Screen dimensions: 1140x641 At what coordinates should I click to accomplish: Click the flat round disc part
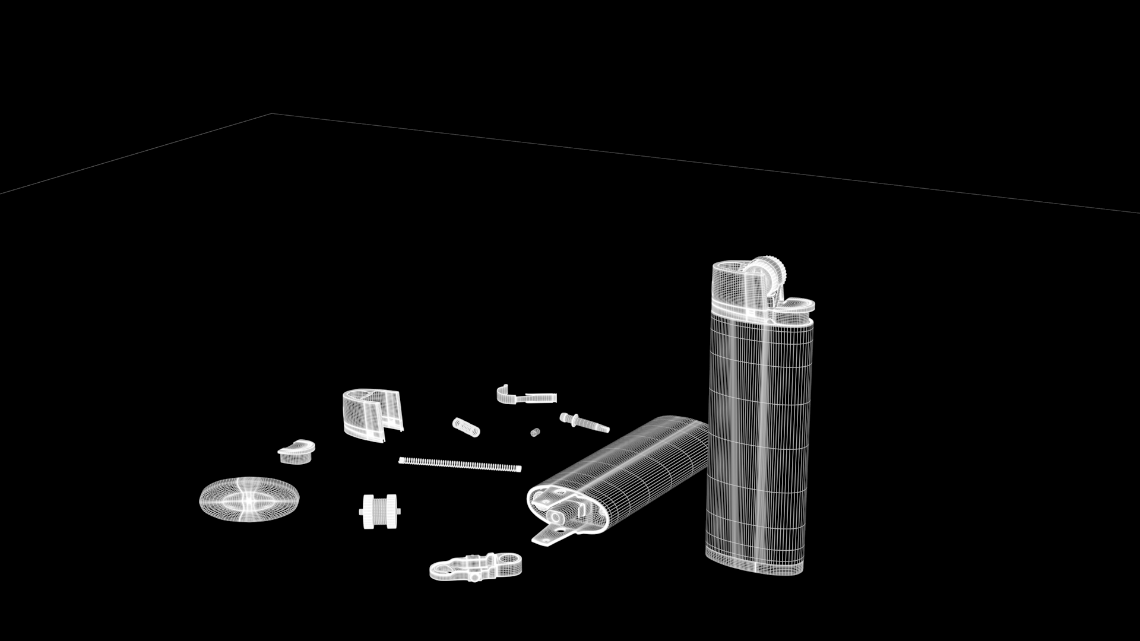[x=249, y=499]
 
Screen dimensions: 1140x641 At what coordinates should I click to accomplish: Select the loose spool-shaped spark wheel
[x=380, y=511]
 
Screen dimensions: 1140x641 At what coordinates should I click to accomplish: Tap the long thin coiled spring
[x=460, y=464]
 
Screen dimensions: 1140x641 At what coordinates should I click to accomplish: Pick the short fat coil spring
[x=466, y=427]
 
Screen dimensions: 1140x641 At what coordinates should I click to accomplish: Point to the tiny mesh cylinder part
[x=535, y=432]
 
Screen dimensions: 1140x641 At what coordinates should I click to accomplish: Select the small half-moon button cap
[x=296, y=451]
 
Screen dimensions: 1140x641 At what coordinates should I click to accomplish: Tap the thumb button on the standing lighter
[x=796, y=306]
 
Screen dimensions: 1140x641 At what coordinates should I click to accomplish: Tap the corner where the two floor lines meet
[x=272, y=113]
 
